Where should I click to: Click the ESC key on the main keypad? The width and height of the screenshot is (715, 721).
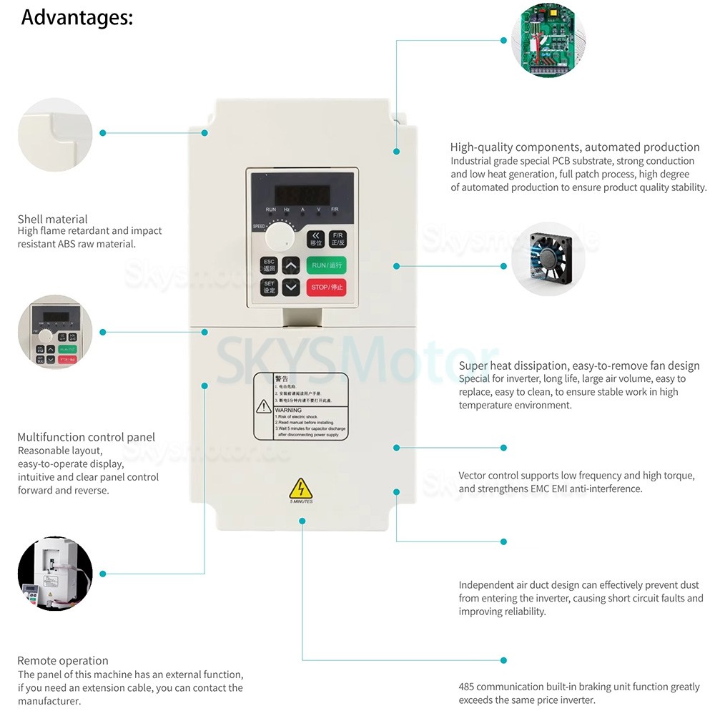(269, 265)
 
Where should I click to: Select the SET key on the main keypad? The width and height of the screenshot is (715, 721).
(269, 288)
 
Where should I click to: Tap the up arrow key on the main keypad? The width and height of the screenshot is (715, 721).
(291, 265)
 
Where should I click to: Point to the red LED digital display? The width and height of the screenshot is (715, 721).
(303, 194)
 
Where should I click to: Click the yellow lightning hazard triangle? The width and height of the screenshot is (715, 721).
(301, 489)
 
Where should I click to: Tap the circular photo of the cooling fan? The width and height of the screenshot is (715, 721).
(548, 259)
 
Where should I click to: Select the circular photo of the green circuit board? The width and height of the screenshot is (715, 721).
(548, 41)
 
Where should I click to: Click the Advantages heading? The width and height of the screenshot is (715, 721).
(77, 17)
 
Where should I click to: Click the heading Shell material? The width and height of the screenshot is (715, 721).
(52, 219)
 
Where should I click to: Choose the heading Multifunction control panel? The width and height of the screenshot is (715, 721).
(86, 437)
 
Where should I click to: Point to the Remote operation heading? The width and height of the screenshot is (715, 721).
(63, 660)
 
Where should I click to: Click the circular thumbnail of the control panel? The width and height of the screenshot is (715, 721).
(55, 332)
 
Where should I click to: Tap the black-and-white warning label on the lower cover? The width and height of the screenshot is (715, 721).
(301, 406)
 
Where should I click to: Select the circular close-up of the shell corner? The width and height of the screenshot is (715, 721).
(55, 134)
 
